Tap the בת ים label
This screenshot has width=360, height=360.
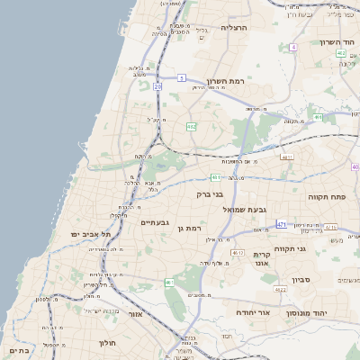(20, 349)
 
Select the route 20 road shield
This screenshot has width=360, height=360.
(157, 86)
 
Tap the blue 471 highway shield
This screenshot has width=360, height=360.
(282, 224)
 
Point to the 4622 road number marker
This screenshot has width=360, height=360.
(281, 289)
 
